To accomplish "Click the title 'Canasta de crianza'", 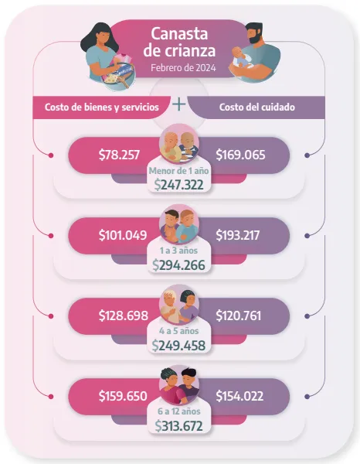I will pyautogui.click(x=178, y=42).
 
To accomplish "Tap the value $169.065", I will pyautogui.click(x=239, y=154).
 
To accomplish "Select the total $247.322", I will pyautogui.click(x=179, y=186).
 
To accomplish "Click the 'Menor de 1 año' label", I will pyautogui.click(x=179, y=171).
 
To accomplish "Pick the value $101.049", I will pyautogui.click(x=123, y=234).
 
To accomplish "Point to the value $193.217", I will pyautogui.click(x=239, y=234).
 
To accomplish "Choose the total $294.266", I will pyautogui.click(x=179, y=265).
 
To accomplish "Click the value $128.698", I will pyautogui.click(x=123, y=315).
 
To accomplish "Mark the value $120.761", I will pyautogui.click(x=239, y=315).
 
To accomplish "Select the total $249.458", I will pyautogui.click(x=179, y=346).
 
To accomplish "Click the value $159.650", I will pyautogui.click(x=123, y=395).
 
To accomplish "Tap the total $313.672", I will pyautogui.click(x=179, y=426).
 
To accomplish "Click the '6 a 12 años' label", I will pyautogui.click(x=179, y=412).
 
